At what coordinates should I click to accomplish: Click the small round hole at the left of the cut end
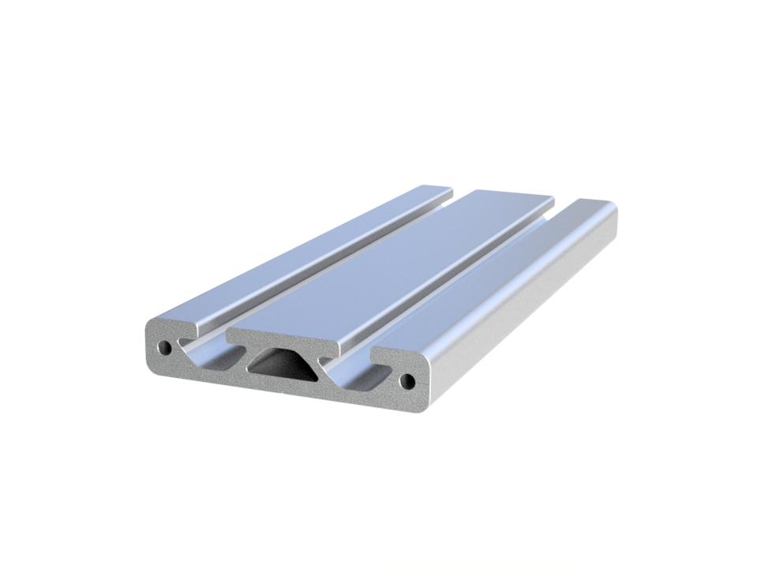[165, 346]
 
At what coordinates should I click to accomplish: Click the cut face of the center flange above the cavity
[284, 340]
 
